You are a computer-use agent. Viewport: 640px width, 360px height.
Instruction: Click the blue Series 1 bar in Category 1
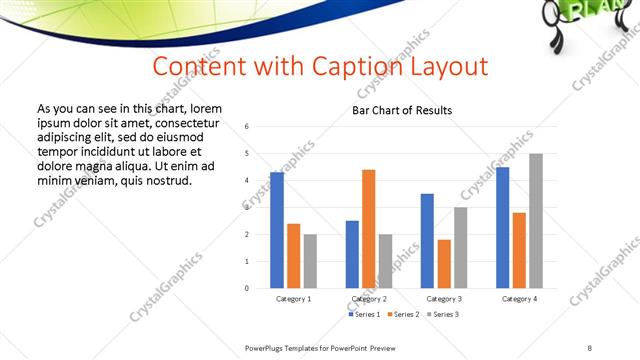click(x=277, y=230)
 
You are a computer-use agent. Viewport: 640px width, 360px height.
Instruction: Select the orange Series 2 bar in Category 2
click(x=369, y=229)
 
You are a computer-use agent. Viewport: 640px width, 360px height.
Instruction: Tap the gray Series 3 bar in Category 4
click(x=536, y=221)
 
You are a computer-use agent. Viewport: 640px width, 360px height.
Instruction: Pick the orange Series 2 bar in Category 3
click(x=444, y=264)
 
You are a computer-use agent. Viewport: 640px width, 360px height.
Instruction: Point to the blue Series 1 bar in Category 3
click(x=427, y=241)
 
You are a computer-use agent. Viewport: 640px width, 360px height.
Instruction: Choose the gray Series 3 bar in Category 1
click(x=310, y=261)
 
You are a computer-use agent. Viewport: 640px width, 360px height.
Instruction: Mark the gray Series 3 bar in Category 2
click(x=386, y=261)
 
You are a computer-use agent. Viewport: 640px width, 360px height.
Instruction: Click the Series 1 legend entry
click(x=365, y=314)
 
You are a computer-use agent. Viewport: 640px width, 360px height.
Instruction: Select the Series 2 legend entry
click(x=402, y=314)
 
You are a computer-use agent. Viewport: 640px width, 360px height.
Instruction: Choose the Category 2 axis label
click(x=369, y=299)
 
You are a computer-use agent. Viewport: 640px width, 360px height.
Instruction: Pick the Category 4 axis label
click(x=519, y=299)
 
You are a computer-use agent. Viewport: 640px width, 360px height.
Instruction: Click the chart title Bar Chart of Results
click(x=402, y=110)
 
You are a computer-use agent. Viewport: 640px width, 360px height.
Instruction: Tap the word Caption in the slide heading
click(x=332, y=67)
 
